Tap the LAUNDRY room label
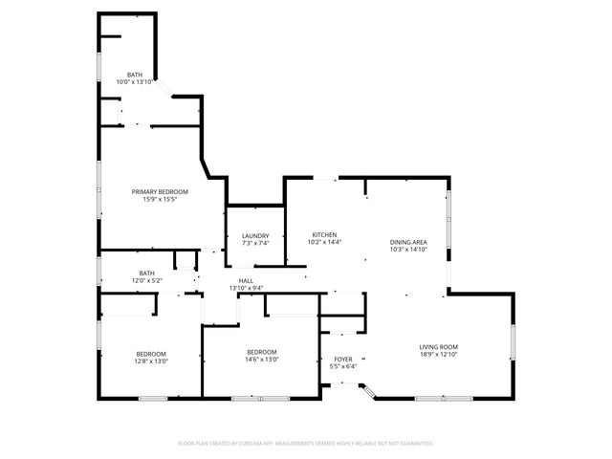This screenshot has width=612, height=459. point(255,236)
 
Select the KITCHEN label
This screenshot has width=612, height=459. point(324,235)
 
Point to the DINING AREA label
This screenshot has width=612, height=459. point(408,242)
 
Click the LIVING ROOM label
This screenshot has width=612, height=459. point(439,346)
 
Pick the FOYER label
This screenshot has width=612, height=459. point(342,360)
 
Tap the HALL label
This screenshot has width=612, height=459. point(246,280)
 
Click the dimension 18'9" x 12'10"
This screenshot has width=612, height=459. point(439,354)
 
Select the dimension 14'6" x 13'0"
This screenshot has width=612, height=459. point(262,360)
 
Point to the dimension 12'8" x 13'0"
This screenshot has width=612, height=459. point(151,361)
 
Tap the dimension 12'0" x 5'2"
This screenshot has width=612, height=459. point(146,280)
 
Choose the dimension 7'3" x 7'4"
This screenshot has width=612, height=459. point(255,244)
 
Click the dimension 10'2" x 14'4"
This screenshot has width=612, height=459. point(324,243)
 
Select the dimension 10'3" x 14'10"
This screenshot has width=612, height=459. point(408,250)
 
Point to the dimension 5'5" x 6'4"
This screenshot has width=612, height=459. point(342,367)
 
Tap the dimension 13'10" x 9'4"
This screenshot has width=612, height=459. point(246,288)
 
